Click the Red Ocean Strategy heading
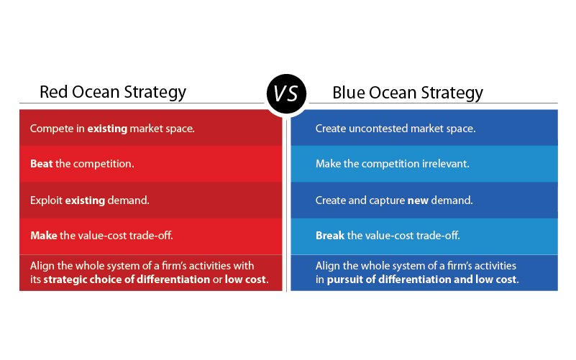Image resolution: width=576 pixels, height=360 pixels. (112, 93)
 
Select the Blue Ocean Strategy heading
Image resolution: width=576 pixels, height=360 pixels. (407, 93)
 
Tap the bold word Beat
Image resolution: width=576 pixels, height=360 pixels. (41, 164)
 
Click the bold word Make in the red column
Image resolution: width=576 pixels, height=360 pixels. (42, 236)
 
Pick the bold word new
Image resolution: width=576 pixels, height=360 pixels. (418, 200)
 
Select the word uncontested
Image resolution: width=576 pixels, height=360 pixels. (377, 129)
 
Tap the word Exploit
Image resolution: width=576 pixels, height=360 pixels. (46, 200)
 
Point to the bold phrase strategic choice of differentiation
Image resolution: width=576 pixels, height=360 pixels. (126, 279)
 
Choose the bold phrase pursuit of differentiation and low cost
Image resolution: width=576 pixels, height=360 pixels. (422, 279)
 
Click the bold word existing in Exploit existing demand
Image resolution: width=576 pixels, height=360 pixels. (85, 200)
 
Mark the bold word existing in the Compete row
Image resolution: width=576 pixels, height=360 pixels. (108, 129)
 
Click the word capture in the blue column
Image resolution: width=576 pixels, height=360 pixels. (387, 200)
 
